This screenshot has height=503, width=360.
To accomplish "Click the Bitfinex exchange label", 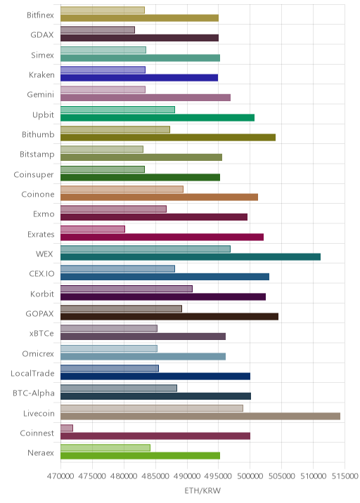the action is point(40,15).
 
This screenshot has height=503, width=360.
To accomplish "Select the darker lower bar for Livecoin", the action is point(200,416).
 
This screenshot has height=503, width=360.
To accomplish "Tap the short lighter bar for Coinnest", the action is point(67,428).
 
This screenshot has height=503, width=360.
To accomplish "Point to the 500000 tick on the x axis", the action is point(250,476).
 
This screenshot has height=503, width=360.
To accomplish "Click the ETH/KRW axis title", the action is point(202,490).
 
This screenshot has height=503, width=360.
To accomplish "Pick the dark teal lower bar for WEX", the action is point(191,256).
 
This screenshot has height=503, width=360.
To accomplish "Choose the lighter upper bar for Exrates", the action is point(93,229).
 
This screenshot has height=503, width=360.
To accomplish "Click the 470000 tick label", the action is point(60,476).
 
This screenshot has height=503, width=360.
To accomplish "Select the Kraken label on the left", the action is point(41,74).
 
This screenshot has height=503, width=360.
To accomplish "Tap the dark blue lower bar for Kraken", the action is point(139,78).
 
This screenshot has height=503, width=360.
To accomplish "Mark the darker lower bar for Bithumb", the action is point(168,137).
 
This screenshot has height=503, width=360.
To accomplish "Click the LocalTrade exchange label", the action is point(32,374).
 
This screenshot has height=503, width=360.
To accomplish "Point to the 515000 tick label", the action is point(345,476).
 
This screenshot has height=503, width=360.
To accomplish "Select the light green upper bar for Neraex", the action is point(105,448).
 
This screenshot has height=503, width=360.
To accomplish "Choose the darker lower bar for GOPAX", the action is point(169,317).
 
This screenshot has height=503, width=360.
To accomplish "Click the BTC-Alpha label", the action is point(34,393).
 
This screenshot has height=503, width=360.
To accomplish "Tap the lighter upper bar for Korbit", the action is point(126,289).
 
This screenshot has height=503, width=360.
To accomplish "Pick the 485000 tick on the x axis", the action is point(155,476).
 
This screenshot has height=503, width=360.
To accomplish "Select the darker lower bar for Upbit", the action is point(157,117).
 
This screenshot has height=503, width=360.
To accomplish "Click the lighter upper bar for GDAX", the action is point(98,30).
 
